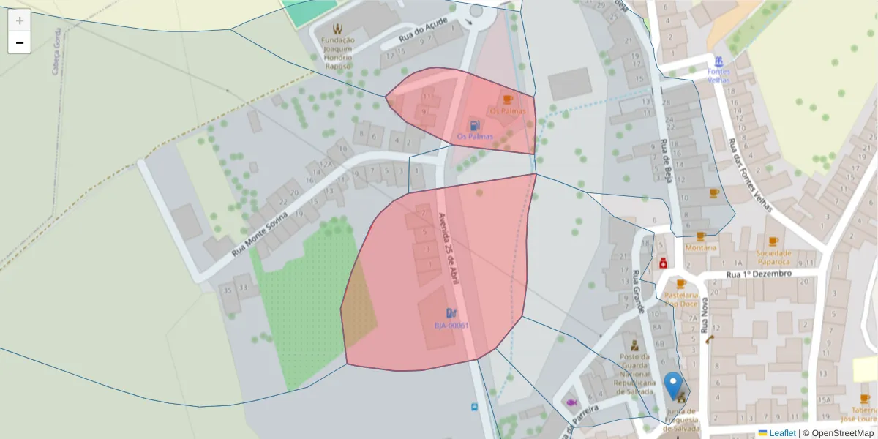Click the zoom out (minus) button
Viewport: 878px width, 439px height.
pyautogui.click(x=20, y=42)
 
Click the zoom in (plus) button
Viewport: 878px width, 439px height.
pyautogui.click(x=20, y=20)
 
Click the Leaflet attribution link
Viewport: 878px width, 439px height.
pyautogui.click(x=782, y=433)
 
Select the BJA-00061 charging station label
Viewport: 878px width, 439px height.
pyautogui.click(x=451, y=326)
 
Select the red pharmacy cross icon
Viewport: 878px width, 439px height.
pyautogui.click(x=663, y=263)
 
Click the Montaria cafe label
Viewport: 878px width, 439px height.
pyautogui.click(x=701, y=247)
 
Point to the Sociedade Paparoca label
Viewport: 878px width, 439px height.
pyautogui.click(x=773, y=257)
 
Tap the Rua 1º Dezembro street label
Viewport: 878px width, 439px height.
pyautogui.click(x=759, y=274)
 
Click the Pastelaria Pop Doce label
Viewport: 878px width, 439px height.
pyautogui.click(x=680, y=299)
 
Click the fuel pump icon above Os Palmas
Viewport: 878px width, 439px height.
pyautogui.click(x=475, y=126)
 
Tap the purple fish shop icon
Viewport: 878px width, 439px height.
pyautogui.click(x=571, y=402)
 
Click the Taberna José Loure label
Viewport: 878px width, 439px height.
pyautogui.click(x=864, y=414)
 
